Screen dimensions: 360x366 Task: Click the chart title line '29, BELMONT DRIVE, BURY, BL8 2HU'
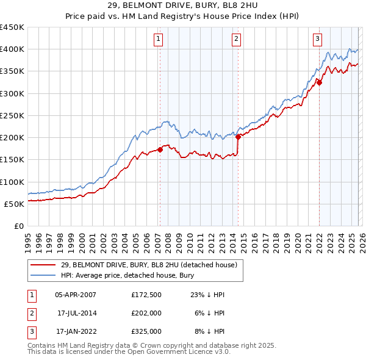tap(182, 6)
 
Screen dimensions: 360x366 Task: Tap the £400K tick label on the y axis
tap(12, 49)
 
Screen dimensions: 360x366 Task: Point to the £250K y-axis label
tap(12, 115)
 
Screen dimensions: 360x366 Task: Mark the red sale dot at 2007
tap(160, 149)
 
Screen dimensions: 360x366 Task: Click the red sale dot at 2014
tap(238, 137)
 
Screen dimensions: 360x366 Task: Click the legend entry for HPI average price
tap(127, 275)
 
